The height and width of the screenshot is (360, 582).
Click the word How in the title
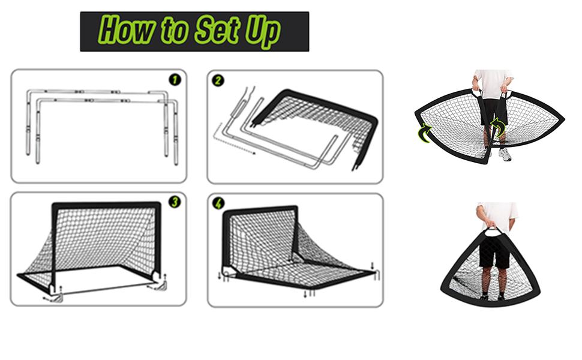pos(127,29)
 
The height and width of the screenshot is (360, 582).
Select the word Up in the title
pos(262,32)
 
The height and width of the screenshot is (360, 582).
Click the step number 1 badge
pos(175,79)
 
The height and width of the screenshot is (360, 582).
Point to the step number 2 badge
pos(218,80)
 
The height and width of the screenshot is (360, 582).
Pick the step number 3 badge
pos(175,202)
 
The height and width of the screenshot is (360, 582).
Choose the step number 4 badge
pos(218,203)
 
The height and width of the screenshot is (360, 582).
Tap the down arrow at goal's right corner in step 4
pos(373,266)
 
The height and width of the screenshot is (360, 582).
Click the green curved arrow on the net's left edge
pos(424,133)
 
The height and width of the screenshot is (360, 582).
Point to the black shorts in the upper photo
pos(494,112)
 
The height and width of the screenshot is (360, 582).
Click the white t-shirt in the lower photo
pos(497,215)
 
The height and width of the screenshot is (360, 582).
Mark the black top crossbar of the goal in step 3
pos(106,205)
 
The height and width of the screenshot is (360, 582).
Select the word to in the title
pos(175,31)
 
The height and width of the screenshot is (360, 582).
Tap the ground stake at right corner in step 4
pos(377,275)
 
